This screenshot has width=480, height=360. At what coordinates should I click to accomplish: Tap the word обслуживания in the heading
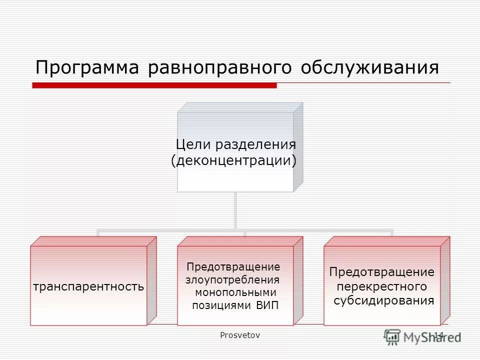coord(370,67)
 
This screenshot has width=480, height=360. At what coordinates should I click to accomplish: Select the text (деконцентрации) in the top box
coord(233,161)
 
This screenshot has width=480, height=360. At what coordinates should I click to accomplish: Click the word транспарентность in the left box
coord(88,287)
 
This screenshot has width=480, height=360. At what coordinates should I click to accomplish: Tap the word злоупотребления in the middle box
coord(232,279)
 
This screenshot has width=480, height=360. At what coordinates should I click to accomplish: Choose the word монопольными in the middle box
coord(235,292)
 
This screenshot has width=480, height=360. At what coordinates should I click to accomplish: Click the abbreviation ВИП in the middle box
coord(267,305)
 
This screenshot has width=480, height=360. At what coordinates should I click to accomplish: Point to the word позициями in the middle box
coord(222,305)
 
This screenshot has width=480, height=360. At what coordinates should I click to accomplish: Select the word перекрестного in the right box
coord(382,287)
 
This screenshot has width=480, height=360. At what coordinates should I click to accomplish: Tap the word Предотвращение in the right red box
coord(382,272)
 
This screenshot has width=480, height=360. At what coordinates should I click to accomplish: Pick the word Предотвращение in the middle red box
coord(233,266)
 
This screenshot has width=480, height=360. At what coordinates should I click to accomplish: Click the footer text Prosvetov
coord(240,335)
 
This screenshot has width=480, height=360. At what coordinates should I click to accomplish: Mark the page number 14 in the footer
coord(438,335)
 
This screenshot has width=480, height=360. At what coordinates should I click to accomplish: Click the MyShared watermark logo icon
coord(392,336)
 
